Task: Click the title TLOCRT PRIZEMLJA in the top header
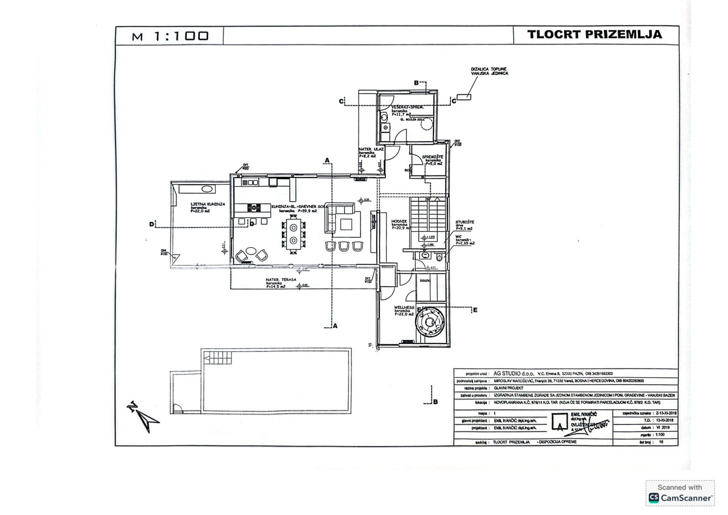point(595,34)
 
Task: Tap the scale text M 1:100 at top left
point(170,36)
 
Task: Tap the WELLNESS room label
point(404,308)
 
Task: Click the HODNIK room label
point(399,221)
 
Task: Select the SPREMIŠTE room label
point(433,157)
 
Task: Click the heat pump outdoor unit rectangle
point(464,97)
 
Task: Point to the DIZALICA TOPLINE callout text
point(489,71)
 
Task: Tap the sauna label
point(425,280)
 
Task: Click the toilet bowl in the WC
point(438,257)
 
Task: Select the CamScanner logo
point(680,498)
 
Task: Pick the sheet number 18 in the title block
point(660,442)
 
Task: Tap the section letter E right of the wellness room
point(475,310)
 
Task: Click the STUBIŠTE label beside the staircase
point(465,222)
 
